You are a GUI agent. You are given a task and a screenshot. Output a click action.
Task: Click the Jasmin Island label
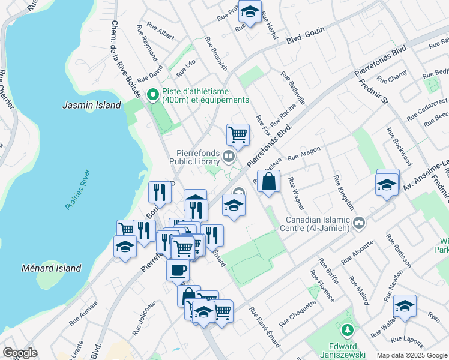tap(92, 105)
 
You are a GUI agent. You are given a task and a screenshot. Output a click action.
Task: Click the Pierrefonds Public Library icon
tap(228, 157)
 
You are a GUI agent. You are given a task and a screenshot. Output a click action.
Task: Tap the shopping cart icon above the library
tap(238, 134)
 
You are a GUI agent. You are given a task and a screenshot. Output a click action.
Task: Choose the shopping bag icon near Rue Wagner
tap(268, 181)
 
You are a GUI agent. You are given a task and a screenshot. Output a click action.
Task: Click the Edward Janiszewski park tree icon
tap(347, 330)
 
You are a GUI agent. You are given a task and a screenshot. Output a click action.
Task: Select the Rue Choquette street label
tap(298, 311)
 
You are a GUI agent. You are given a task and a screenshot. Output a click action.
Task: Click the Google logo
tap(20, 353)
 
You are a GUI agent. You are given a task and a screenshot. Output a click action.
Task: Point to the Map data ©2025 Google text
tap(411, 355)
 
